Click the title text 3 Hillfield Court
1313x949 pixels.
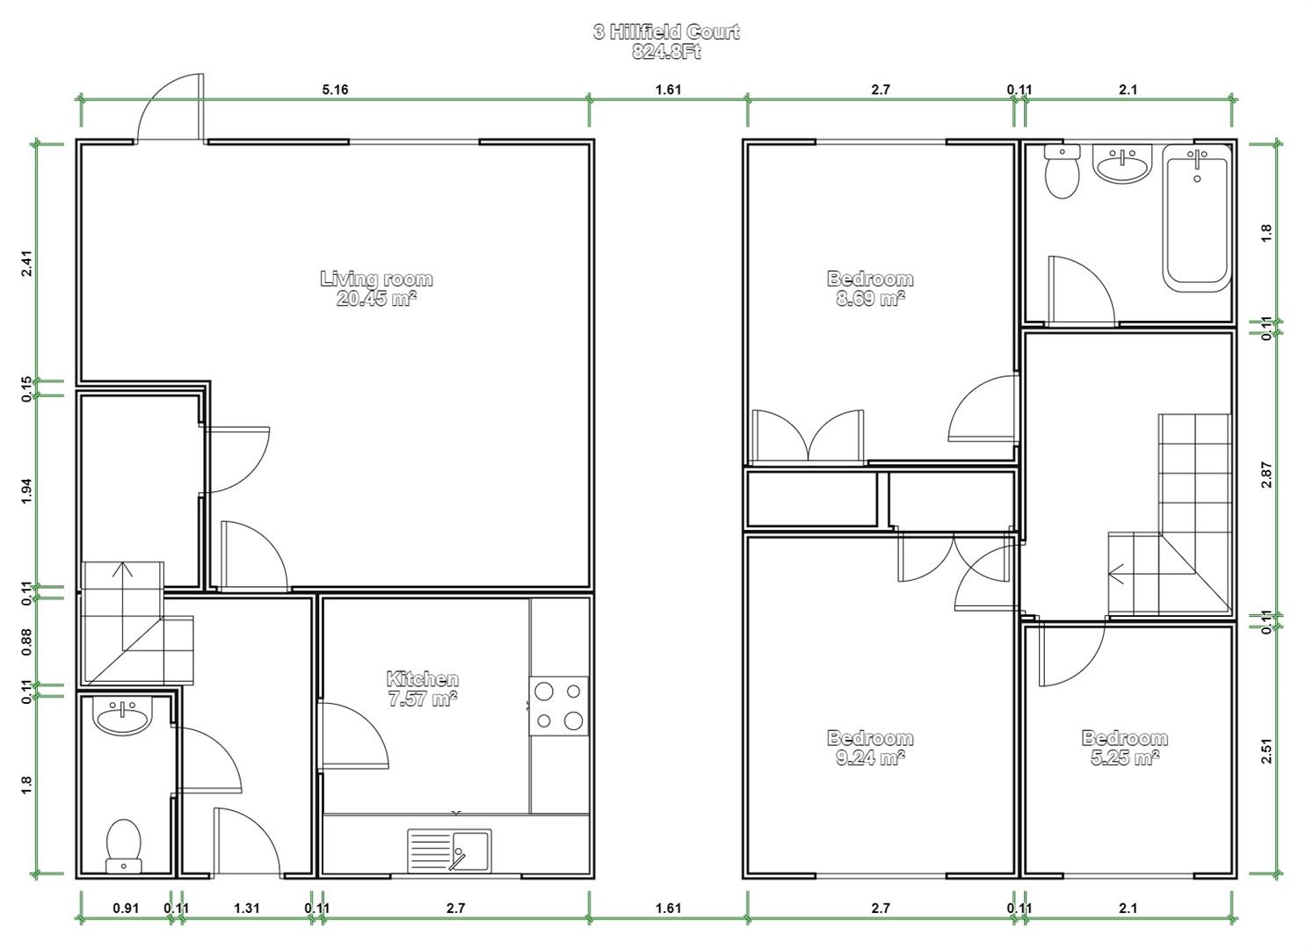click(x=666, y=32)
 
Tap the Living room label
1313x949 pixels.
click(x=376, y=279)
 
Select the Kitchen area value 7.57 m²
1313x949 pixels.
click(x=423, y=699)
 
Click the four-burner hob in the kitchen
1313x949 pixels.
click(x=559, y=706)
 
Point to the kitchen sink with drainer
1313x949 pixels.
click(x=450, y=850)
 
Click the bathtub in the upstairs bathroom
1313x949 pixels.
click(x=1196, y=218)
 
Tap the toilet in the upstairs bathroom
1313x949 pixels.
click(x=1063, y=171)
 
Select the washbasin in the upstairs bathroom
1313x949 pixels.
click(x=1122, y=163)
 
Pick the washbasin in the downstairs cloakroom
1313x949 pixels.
click(x=122, y=715)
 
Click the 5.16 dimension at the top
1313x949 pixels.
click(x=336, y=90)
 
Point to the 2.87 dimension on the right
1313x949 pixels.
click(x=1266, y=474)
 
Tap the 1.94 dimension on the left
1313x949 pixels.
click(x=26, y=491)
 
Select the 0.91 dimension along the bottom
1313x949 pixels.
click(x=126, y=908)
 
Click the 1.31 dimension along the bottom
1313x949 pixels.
click(x=247, y=908)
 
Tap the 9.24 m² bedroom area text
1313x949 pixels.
click(x=870, y=757)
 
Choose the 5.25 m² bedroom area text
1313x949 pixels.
click(x=1125, y=757)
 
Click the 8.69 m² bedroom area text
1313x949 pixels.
click(x=870, y=299)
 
